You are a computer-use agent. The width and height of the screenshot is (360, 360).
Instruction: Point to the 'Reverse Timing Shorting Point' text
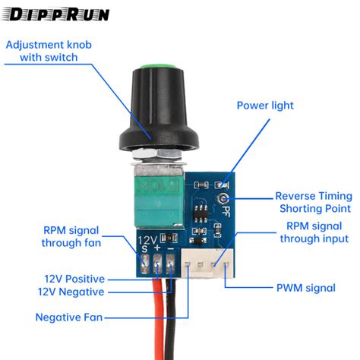[313, 201]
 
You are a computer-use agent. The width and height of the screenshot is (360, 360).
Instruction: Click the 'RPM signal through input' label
[314, 232]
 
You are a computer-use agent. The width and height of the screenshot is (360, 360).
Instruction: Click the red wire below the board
[162, 327]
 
